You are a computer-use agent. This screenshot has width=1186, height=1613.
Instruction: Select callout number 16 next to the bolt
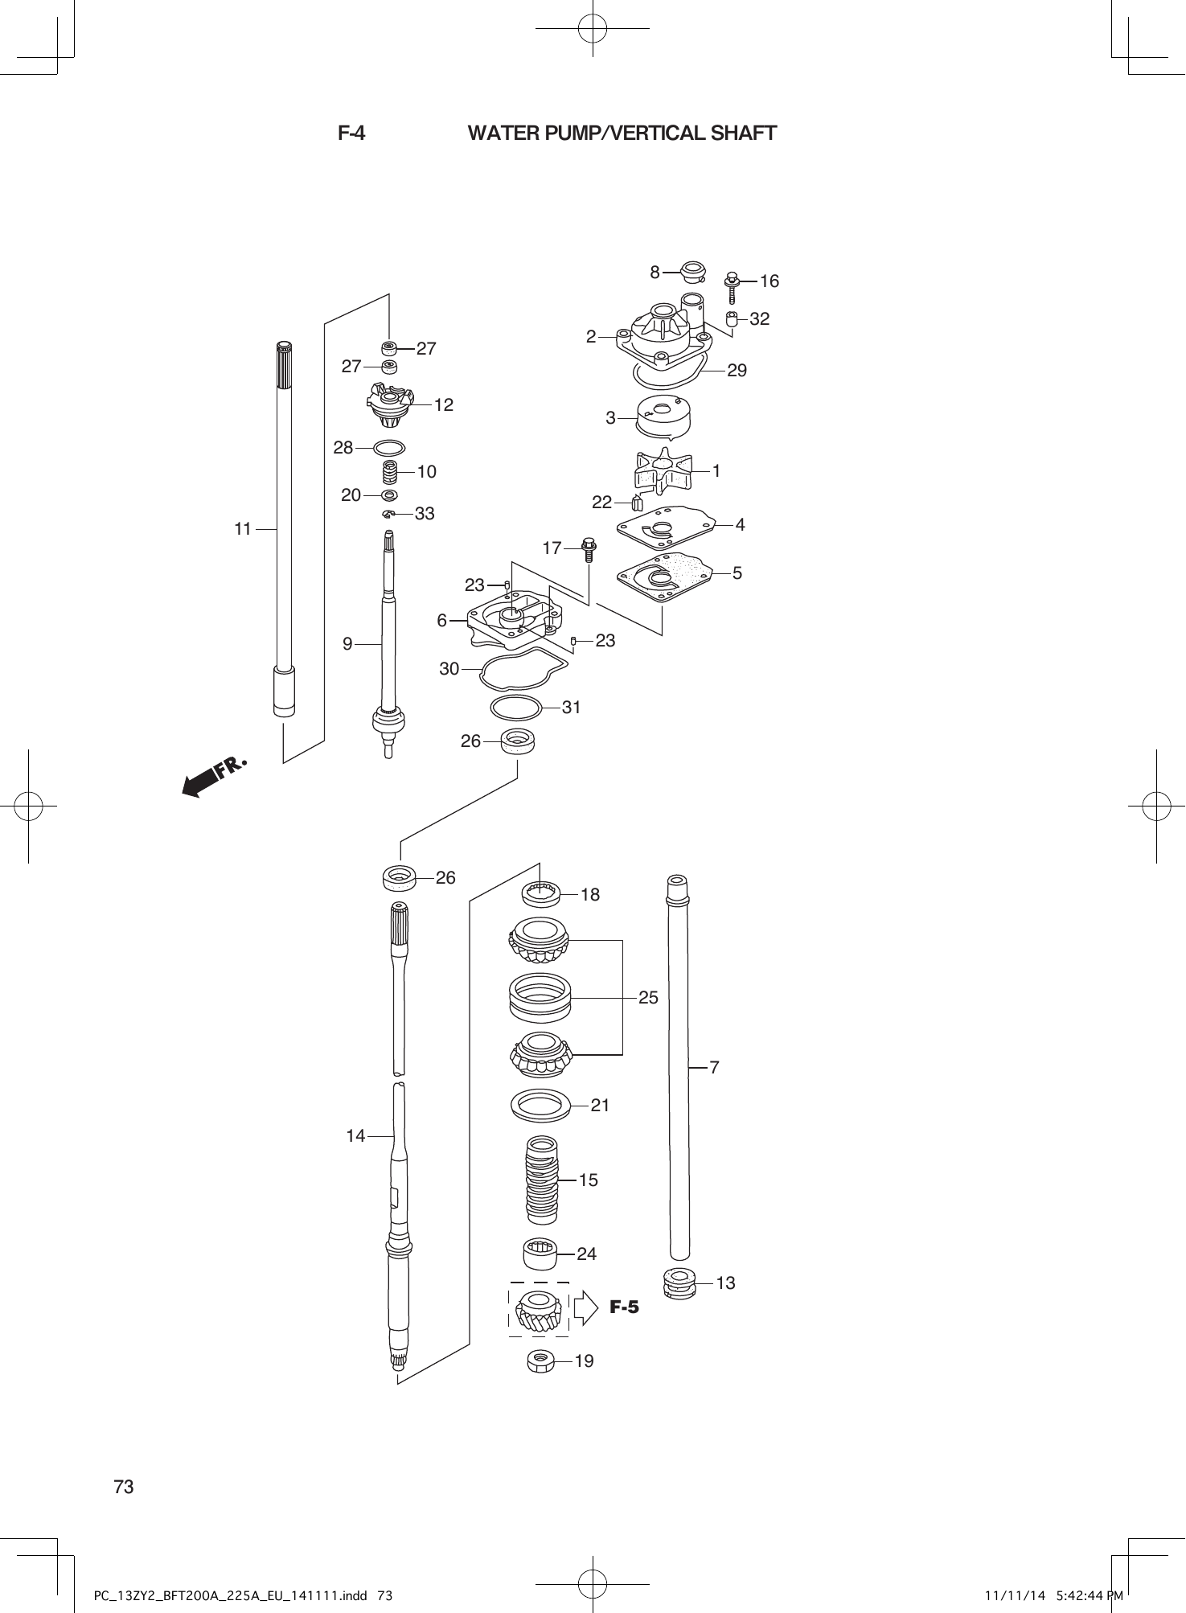769,281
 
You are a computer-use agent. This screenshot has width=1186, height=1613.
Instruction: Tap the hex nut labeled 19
540,1361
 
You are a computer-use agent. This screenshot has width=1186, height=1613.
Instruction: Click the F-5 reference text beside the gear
624,1307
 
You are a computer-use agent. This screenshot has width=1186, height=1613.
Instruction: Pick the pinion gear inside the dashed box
538,1309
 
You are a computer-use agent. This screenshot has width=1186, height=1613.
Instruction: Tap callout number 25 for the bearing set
648,997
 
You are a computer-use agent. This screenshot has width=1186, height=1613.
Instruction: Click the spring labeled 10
390,472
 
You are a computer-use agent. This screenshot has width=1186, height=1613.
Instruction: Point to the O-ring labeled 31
515,708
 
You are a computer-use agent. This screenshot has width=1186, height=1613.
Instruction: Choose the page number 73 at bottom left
124,1487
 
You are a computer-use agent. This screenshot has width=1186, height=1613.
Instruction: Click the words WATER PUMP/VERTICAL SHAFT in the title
622,133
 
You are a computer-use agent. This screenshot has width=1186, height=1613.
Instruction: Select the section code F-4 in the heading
351,133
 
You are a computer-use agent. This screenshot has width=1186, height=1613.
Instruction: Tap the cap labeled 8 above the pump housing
692,272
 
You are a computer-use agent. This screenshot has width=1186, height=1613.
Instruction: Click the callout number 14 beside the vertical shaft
355,1135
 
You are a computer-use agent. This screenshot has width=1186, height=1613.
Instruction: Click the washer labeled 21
540,1105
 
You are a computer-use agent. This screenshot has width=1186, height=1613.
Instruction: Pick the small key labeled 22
637,503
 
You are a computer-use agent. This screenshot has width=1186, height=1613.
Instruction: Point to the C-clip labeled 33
389,513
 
